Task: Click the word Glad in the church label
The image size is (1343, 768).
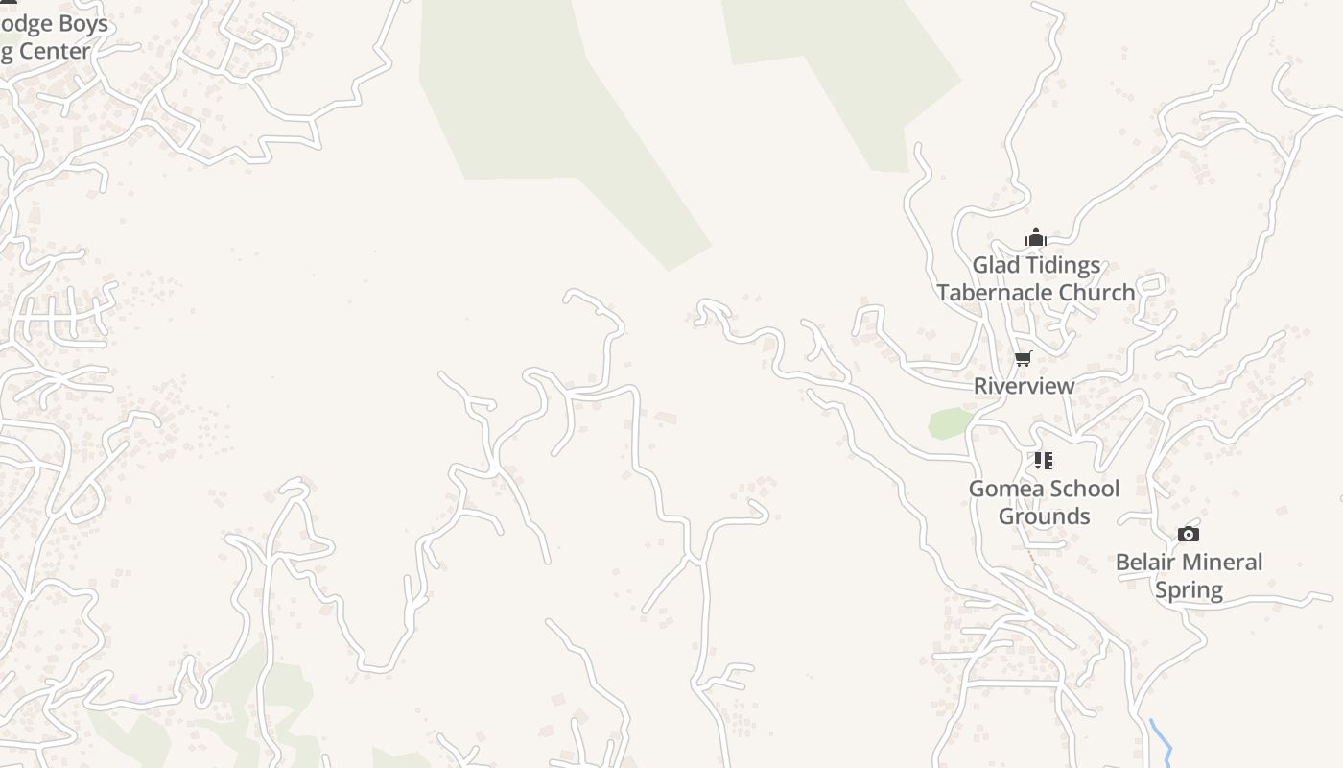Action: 997,265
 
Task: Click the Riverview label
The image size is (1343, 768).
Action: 1024,386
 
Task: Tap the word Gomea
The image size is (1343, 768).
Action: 1004,489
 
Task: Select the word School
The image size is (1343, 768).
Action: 1082,489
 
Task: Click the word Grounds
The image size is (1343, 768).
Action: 1044,516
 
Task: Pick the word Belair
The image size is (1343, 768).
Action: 1147,563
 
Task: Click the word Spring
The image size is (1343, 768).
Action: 1189,590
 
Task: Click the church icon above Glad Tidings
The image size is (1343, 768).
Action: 1035,237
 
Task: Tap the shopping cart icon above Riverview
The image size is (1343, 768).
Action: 1023,359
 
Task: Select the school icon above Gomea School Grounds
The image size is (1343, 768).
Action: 1043,461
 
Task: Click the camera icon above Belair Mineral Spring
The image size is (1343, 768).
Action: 1188,535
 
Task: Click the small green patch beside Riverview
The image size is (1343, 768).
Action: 950,423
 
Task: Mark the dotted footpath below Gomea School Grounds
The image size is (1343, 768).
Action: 1028,555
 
